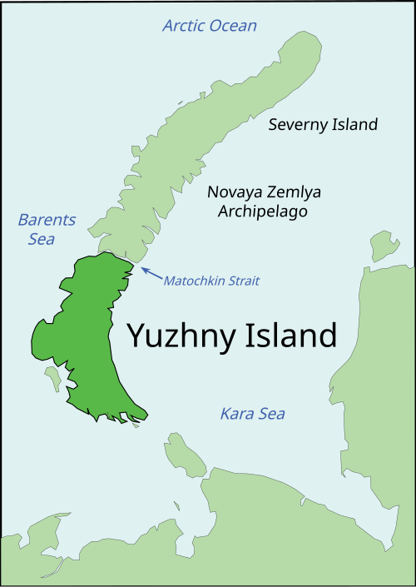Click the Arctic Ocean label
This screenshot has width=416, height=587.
click(x=210, y=26)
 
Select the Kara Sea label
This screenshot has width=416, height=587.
click(x=252, y=414)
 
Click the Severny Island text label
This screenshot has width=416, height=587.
click(x=323, y=125)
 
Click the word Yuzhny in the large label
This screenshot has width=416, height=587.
click(x=181, y=336)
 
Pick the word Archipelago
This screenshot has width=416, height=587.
click(x=263, y=212)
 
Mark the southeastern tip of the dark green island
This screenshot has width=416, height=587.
click(x=146, y=412)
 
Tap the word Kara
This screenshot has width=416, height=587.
click(x=235, y=414)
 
